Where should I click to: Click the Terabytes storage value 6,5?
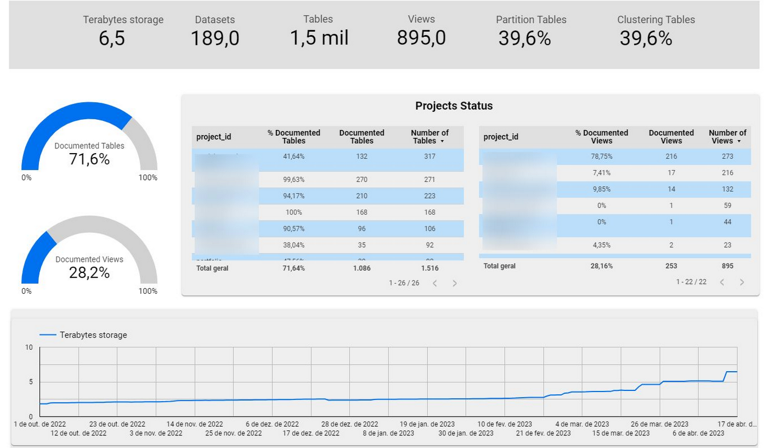point(112,39)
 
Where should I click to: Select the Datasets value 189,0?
point(214,39)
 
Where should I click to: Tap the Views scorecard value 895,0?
point(421,38)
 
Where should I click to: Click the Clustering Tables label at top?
point(656,20)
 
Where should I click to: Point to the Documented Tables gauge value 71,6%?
point(89,159)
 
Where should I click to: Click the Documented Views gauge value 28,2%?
point(89,272)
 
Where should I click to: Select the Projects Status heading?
point(454,106)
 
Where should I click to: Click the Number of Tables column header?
point(430,137)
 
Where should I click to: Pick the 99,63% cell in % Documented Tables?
point(293,180)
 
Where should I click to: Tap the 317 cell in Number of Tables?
point(430,156)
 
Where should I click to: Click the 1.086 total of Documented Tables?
point(362,268)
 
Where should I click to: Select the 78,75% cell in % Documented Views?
point(601,156)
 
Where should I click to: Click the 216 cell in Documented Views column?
point(671,156)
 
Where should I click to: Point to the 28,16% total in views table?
point(601,266)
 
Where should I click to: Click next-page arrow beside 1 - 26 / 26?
point(454,283)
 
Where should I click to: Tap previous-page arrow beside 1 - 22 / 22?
point(722,282)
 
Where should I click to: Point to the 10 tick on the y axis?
point(29,348)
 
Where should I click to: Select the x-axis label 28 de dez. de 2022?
point(349,424)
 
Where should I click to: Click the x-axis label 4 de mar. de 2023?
point(582,424)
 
